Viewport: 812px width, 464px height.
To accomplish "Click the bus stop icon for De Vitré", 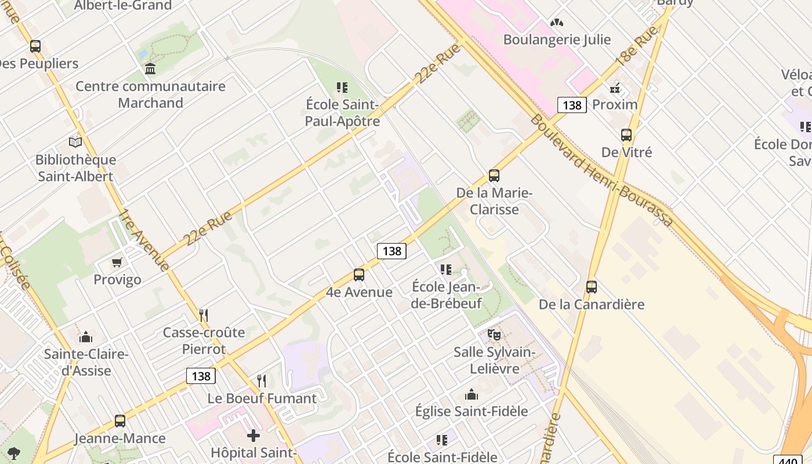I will pyautogui.click(x=626, y=135).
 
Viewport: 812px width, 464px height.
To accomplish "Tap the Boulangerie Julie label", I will pyautogui.click(x=557, y=39).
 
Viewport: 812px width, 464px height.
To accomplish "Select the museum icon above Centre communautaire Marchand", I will pyautogui.click(x=150, y=69).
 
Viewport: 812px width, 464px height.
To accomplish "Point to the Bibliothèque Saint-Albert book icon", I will pyautogui.click(x=75, y=142).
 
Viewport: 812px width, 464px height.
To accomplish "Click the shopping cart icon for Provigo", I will pyautogui.click(x=117, y=263).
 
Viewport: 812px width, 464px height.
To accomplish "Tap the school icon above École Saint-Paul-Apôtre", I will pyautogui.click(x=342, y=88).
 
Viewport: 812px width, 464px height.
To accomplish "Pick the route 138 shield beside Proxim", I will pyautogui.click(x=572, y=105).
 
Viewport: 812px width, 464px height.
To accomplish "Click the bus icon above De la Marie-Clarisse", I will pyautogui.click(x=494, y=175).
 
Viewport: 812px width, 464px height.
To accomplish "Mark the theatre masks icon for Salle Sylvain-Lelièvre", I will pyautogui.click(x=494, y=335).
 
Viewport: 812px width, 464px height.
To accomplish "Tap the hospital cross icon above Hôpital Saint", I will pyautogui.click(x=253, y=435).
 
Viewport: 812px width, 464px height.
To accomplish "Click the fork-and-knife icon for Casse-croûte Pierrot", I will pyautogui.click(x=204, y=316).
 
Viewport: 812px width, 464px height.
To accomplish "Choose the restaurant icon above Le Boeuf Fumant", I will pyautogui.click(x=262, y=381).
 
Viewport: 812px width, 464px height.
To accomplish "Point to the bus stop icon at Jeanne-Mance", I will pyautogui.click(x=120, y=421).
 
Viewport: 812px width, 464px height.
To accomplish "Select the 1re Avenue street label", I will pyautogui.click(x=144, y=239).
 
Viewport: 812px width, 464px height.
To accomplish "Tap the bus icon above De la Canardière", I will pyautogui.click(x=592, y=287).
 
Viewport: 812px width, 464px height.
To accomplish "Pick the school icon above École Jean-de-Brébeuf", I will pyautogui.click(x=445, y=270).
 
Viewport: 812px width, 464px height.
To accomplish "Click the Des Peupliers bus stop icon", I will pyautogui.click(x=35, y=46).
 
